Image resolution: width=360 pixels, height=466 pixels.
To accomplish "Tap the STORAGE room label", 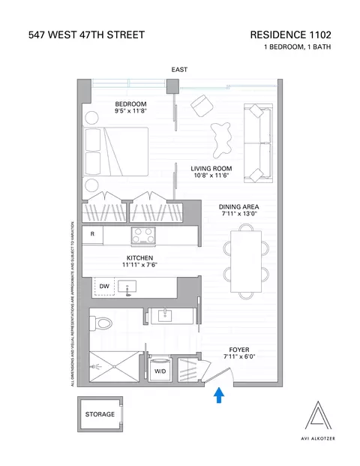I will [x=99, y=414].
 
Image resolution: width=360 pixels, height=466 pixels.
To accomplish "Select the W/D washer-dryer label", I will [x=160, y=371].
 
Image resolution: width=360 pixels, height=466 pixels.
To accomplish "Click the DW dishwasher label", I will [x=104, y=286].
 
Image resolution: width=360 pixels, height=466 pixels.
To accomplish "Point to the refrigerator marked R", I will [x=91, y=234].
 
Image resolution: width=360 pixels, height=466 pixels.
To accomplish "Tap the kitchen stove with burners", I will [x=142, y=236].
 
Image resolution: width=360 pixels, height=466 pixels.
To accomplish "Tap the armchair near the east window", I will [x=202, y=105].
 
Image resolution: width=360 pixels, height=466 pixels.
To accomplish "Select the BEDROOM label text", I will [x=130, y=104].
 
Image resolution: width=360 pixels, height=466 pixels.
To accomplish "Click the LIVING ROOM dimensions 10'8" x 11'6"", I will [x=211, y=177].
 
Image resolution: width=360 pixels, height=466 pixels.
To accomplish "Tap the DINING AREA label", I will [x=239, y=206].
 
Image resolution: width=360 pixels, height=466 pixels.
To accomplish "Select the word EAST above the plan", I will [x=179, y=70].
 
